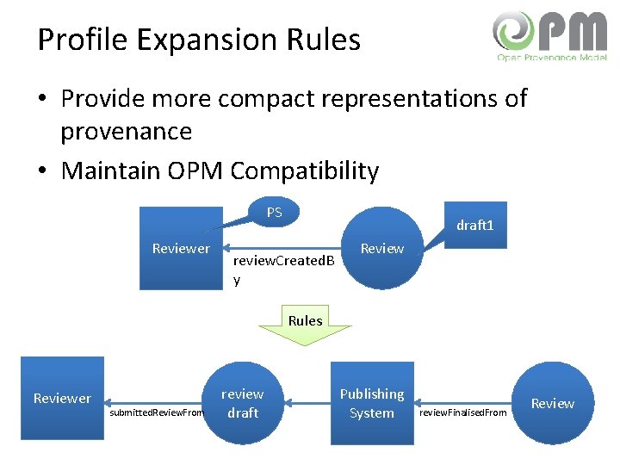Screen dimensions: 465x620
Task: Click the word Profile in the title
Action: coord(82,40)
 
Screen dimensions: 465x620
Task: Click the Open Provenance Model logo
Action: coord(549,35)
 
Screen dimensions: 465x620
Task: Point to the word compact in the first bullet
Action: coord(263,99)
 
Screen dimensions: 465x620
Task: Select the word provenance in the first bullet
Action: coord(126,132)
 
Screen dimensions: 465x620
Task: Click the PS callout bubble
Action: coord(274,212)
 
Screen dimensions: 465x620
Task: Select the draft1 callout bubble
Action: coord(474,226)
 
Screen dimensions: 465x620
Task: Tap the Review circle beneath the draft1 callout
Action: coord(381,249)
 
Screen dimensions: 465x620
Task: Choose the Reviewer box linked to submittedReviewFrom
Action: coord(62,398)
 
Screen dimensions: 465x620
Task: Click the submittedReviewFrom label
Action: coord(158,412)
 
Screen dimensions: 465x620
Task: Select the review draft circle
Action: coord(243,403)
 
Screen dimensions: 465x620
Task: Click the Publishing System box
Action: coord(372,403)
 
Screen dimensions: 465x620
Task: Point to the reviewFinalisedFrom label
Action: coord(462,412)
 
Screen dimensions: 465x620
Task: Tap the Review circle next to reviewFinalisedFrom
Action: coord(552,403)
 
